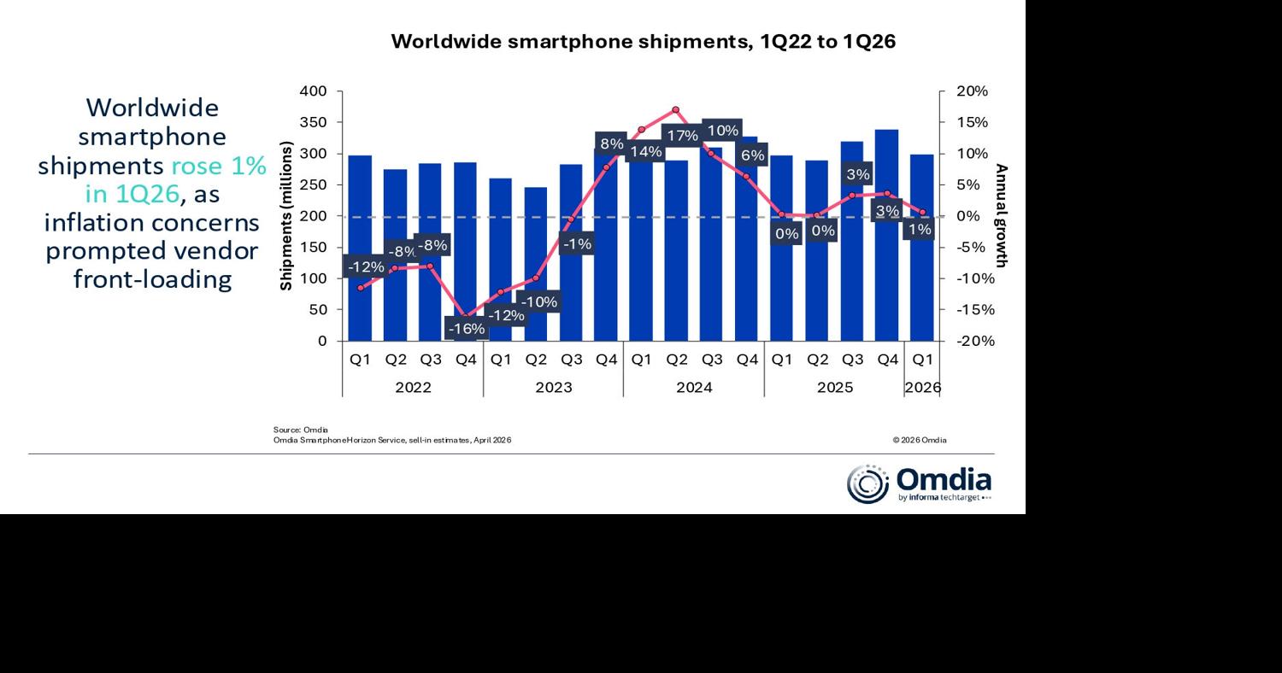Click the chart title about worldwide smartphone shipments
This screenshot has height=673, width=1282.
[643, 42]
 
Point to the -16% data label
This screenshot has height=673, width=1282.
[467, 329]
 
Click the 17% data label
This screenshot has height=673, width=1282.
[681, 136]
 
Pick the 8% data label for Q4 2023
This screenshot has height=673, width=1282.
[611, 143]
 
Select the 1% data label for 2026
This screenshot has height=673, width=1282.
[920, 229]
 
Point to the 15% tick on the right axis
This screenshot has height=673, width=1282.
[972, 122]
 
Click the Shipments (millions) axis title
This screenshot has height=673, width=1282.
[286, 216]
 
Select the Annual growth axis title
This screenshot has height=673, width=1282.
[1002, 216]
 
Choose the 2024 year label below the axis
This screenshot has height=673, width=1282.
[693, 387]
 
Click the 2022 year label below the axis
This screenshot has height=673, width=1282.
[413, 387]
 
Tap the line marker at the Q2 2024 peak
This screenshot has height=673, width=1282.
[675, 110]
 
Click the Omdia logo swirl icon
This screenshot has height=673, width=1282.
[867, 484]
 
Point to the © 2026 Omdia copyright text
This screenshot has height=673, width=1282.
[920, 441]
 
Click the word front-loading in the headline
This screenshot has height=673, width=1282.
[152, 279]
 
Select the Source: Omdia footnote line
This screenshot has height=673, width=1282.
[301, 430]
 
